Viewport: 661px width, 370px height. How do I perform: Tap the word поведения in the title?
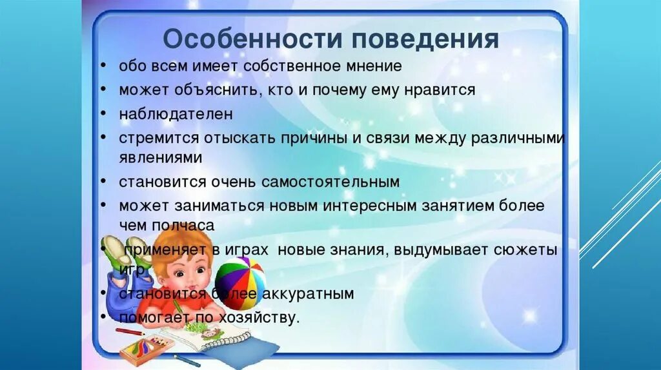tap(425, 40)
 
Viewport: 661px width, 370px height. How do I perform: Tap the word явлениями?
tap(160, 158)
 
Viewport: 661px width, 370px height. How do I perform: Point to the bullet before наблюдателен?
tap(104, 115)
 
